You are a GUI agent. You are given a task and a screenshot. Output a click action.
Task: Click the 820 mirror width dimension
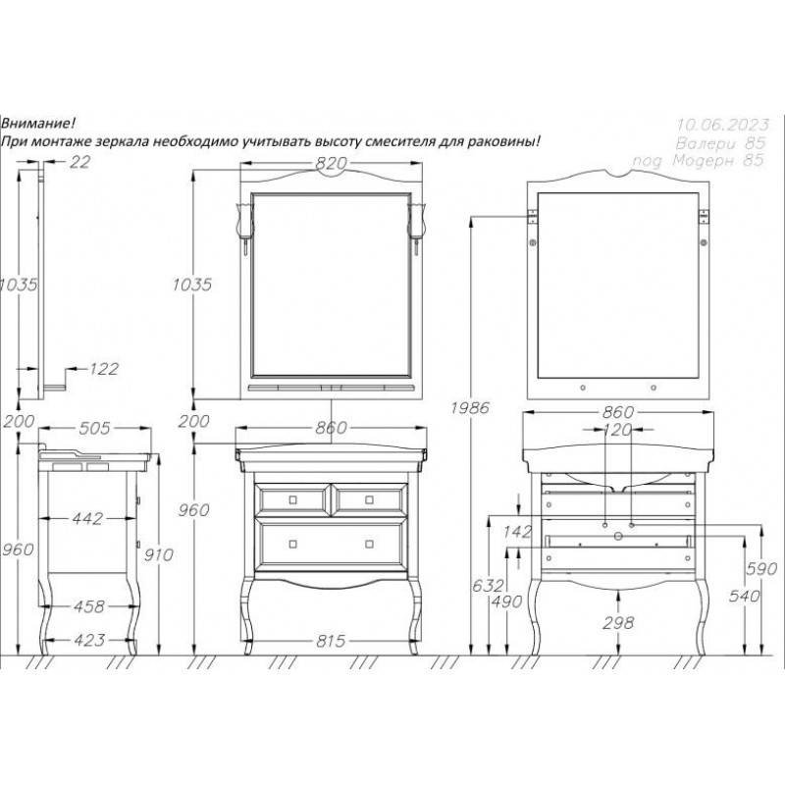pyautogui.click(x=332, y=163)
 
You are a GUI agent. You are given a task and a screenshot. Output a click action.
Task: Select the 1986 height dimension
pyautogui.click(x=470, y=408)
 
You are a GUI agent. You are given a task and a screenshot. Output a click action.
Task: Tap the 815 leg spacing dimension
pyautogui.click(x=331, y=641)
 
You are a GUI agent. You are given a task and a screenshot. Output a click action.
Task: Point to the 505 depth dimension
pyautogui.click(x=94, y=428)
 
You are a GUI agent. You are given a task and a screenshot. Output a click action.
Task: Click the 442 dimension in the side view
pyautogui.click(x=87, y=519)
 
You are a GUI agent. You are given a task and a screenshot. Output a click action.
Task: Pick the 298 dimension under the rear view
pyautogui.click(x=618, y=623)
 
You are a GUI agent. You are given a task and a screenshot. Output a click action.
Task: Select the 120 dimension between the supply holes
pyautogui.click(x=617, y=430)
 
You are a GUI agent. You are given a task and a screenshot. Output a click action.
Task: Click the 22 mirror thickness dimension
pyautogui.click(x=79, y=162)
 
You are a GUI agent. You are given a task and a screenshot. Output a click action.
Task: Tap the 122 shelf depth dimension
pyautogui.click(x=104, y=369)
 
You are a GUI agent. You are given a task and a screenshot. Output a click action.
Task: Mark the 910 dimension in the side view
pyautogui.click(x=158, y=554)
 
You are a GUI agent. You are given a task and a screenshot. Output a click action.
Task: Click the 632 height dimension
pyautogui.click(x=488, y=585)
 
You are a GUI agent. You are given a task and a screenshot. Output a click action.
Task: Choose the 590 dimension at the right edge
pyautogui.click(x=761, y=569)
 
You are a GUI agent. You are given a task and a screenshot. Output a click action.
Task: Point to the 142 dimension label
pyautogui.click(x=517, y=531)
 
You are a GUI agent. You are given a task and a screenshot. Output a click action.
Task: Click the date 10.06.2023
pyautogui.click(x=723, y=125)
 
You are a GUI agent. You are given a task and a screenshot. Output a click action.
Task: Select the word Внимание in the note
pyautogui.click(x=38, y=123)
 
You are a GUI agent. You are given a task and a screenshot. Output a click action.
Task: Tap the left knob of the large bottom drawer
pyautogui.click(x=293, y=544)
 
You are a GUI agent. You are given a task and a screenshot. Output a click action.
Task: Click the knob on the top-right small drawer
pyautogui.click(x=369, y=499)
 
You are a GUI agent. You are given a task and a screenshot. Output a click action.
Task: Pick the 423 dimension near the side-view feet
pyautogui.click(x=89, y=640)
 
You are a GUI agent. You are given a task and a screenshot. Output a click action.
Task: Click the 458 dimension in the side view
pyautogui.click(x=89, y=606)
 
